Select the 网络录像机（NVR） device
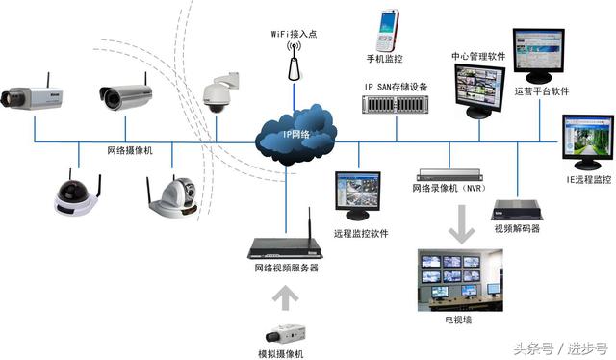448,176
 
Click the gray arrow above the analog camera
286,299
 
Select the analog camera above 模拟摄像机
286,334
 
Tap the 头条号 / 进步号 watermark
560,347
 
